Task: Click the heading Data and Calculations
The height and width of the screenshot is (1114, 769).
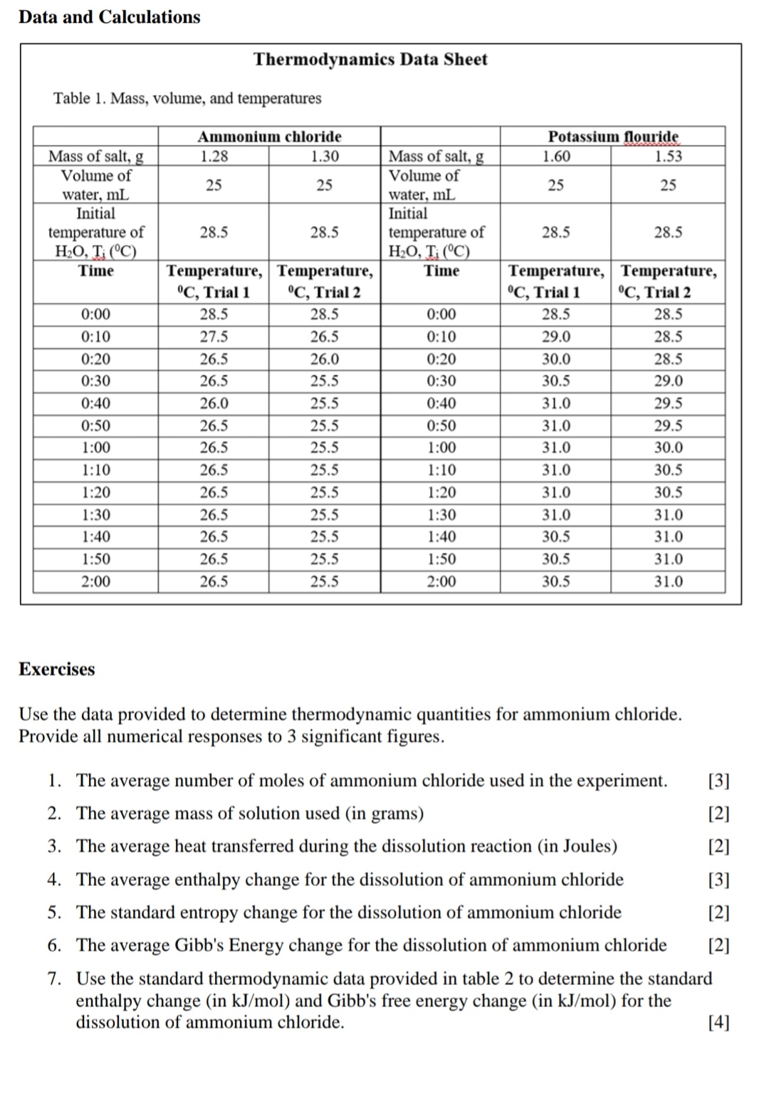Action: point(110,17)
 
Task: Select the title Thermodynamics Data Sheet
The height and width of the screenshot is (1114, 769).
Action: point(370,59)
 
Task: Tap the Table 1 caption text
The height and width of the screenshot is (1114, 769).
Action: point(187,98)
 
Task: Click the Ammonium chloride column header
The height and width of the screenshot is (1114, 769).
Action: point(269,136)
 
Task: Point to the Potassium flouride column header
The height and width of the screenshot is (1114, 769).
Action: point(612,136)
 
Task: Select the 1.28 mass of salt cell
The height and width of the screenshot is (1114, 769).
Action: point(214,156)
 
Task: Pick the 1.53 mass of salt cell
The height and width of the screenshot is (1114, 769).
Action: point(668,156)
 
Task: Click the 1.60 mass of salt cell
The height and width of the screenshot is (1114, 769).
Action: point(555,156)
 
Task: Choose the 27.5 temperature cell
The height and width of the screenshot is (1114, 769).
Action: point(214,337)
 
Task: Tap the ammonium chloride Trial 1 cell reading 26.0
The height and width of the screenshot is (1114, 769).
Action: point(214,403)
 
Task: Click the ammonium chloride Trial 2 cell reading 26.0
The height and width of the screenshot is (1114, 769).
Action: point(325,359)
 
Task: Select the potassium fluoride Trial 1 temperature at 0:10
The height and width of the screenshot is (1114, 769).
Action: point(555,337)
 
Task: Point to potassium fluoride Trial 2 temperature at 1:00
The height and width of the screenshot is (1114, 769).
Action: point(668,448)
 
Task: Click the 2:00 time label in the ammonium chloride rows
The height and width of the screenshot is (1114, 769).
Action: point(95,582)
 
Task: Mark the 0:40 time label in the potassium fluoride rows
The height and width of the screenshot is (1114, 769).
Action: point(441,403)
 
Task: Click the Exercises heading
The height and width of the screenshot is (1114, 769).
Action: point(56,670)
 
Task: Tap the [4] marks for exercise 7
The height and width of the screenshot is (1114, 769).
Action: point(719,1024)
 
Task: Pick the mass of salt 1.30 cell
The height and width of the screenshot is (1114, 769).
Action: point(325,156)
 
